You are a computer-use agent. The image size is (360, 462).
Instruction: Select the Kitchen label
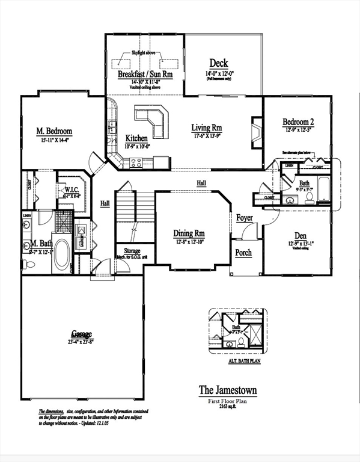tap(136, 138)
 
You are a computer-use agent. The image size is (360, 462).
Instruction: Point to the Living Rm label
tap(207, 128)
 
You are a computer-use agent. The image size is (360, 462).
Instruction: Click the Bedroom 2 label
tap(299, 123)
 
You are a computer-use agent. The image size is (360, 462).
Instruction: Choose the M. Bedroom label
tap(54, 131)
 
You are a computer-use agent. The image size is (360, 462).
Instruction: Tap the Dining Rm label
tap(190, 233)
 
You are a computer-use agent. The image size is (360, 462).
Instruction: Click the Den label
tap(301, 235)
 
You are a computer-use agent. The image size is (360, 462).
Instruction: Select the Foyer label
tap(244, 218)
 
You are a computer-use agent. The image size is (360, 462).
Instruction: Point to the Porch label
tap(243, 253)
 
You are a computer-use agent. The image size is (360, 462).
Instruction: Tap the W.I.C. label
tap(72, 189)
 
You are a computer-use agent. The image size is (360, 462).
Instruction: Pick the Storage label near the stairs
tap(132, 251)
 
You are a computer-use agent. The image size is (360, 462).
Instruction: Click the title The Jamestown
tap(228, 390)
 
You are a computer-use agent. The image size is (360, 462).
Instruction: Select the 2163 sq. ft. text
tap(228, 407)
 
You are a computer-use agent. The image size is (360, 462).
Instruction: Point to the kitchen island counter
tap(152, 120)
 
